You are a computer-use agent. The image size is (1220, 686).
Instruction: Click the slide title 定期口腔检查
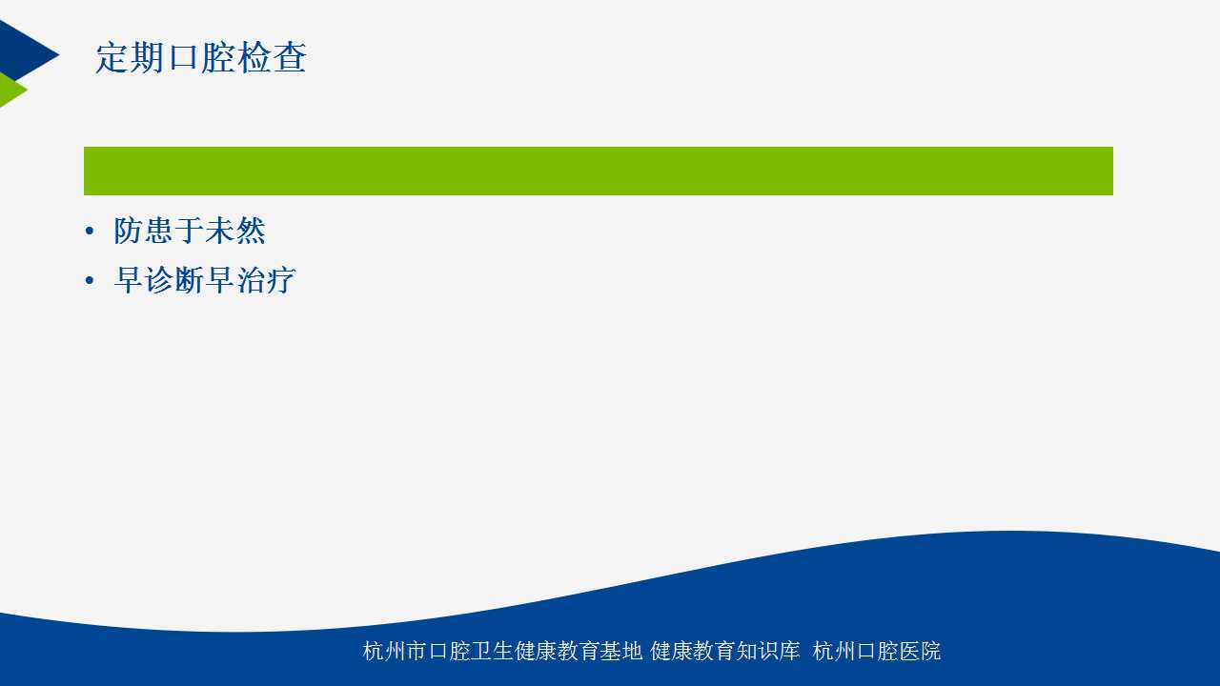click(x=201, y=57)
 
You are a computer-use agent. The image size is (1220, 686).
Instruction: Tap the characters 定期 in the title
click(x=130, y=57)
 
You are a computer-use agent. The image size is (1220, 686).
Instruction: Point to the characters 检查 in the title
click(x=273, y=57)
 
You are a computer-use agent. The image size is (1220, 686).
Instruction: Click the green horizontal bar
click(x=598, y=171)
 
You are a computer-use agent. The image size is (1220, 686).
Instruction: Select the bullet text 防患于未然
click(x=190, y=231)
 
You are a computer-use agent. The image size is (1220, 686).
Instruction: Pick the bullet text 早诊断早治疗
click(x=205, y=280)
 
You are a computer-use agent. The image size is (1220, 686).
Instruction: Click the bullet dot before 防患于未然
click(x=90, y=232)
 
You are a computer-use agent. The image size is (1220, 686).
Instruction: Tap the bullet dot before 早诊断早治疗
click(x=90, y=281)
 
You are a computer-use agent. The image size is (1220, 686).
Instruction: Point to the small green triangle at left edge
click(x=10, y=90)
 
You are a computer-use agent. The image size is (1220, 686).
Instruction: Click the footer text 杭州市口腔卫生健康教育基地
click(x=502, y=651)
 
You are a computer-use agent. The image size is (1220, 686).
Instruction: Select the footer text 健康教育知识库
click(x=725, y=651)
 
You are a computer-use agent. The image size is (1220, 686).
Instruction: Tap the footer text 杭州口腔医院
click(x=877, y=651)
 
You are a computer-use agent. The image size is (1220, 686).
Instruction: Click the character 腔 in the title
click(x=218, y=57)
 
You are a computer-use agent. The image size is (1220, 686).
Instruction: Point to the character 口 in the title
click(x=183, y=58)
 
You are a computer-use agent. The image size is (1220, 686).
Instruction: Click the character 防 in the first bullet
click(x=128, y=231)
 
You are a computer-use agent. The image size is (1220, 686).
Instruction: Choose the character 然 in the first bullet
click(x=251, y=231)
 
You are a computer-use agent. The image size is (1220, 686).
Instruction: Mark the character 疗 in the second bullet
click(x=281, y=280)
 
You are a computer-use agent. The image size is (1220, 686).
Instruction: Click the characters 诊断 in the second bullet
click(x=174, y=280)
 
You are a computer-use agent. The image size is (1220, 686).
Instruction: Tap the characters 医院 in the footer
click(x=921, y=651)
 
